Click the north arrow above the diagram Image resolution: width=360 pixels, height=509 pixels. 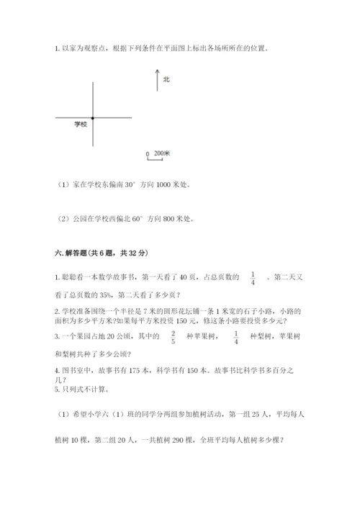coord(156,79)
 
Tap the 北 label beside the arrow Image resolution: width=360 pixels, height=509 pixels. coord(166,79)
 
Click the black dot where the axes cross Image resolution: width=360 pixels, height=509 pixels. coord(92,117)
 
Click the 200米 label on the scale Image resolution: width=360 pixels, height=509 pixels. coord(162,153)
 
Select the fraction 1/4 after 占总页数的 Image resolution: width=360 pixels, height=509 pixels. coord(253,277)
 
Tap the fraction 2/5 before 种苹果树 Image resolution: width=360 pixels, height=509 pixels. coord(174,336)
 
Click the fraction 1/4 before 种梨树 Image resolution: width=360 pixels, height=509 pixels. coord(236,336)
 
